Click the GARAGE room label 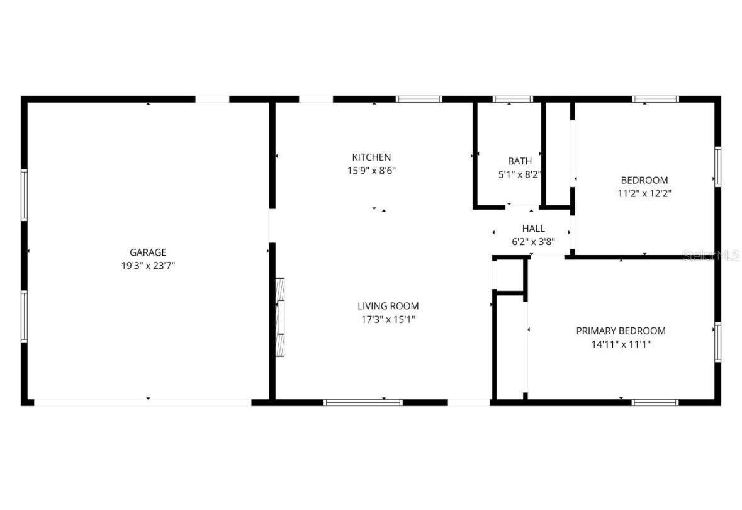[148, 252]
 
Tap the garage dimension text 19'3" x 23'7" [148, 266]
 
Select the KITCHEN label [371, 157]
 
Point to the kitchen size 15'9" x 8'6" [371, 170]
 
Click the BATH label [520, 161]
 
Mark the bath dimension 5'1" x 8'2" [520, 174]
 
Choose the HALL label [533, 229]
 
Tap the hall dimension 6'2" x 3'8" [533, 241]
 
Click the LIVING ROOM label [388, 306]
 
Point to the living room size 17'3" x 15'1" [388, 319]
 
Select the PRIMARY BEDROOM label [621, 331]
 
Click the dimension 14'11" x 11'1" [621, 344]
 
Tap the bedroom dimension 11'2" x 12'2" [644, 193]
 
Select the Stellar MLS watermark [711, 255]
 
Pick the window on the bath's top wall [512, 99]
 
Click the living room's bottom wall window [363, 402]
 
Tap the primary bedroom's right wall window [717, 343]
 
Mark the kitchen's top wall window [419, 99]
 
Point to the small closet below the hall [510, 275]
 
